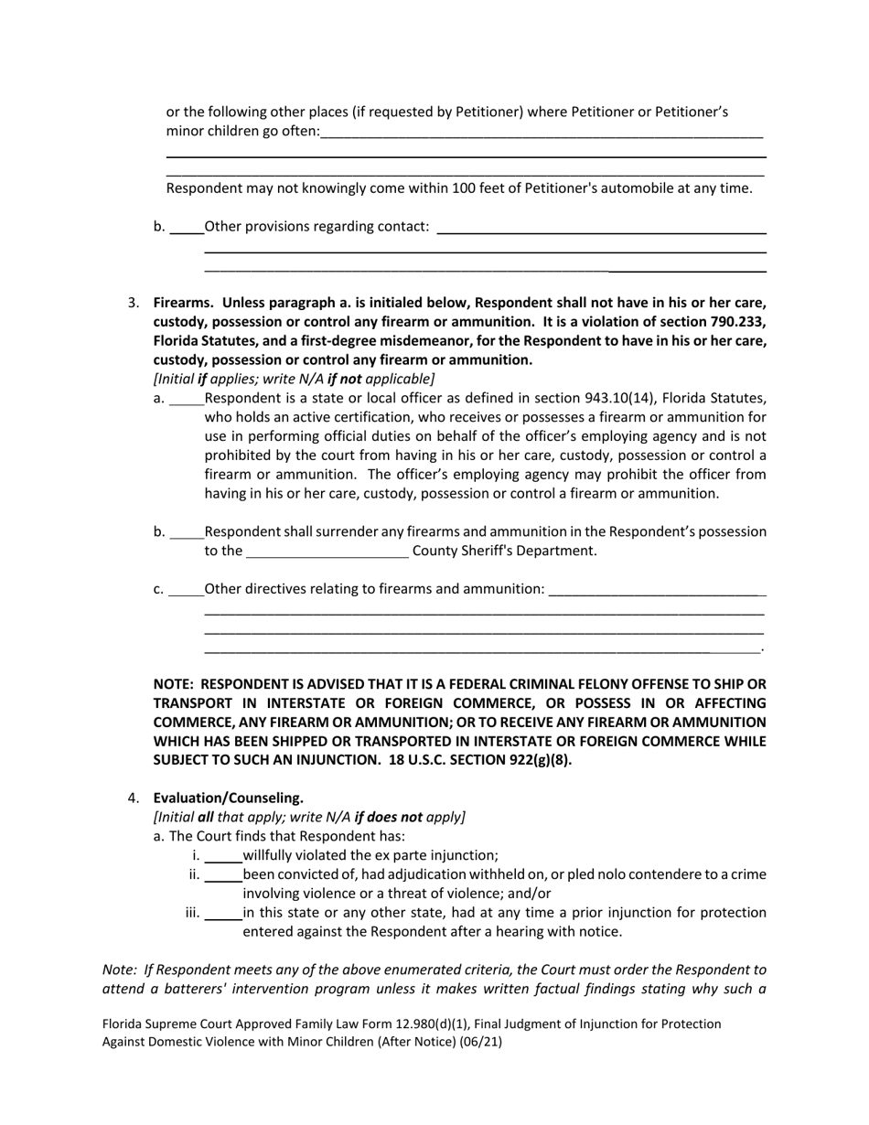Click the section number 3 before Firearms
(133, 303)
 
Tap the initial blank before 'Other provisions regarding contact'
(187, 227)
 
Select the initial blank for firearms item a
(187, 399)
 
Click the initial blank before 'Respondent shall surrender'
(187, 532)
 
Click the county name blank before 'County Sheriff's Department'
(327, 551)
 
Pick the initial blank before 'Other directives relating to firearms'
(187, 589)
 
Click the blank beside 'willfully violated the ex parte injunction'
(222, 856)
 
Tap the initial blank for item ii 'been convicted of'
(222, 875)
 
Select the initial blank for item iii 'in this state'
(222, 913)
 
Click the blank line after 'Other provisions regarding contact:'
(601, 228)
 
